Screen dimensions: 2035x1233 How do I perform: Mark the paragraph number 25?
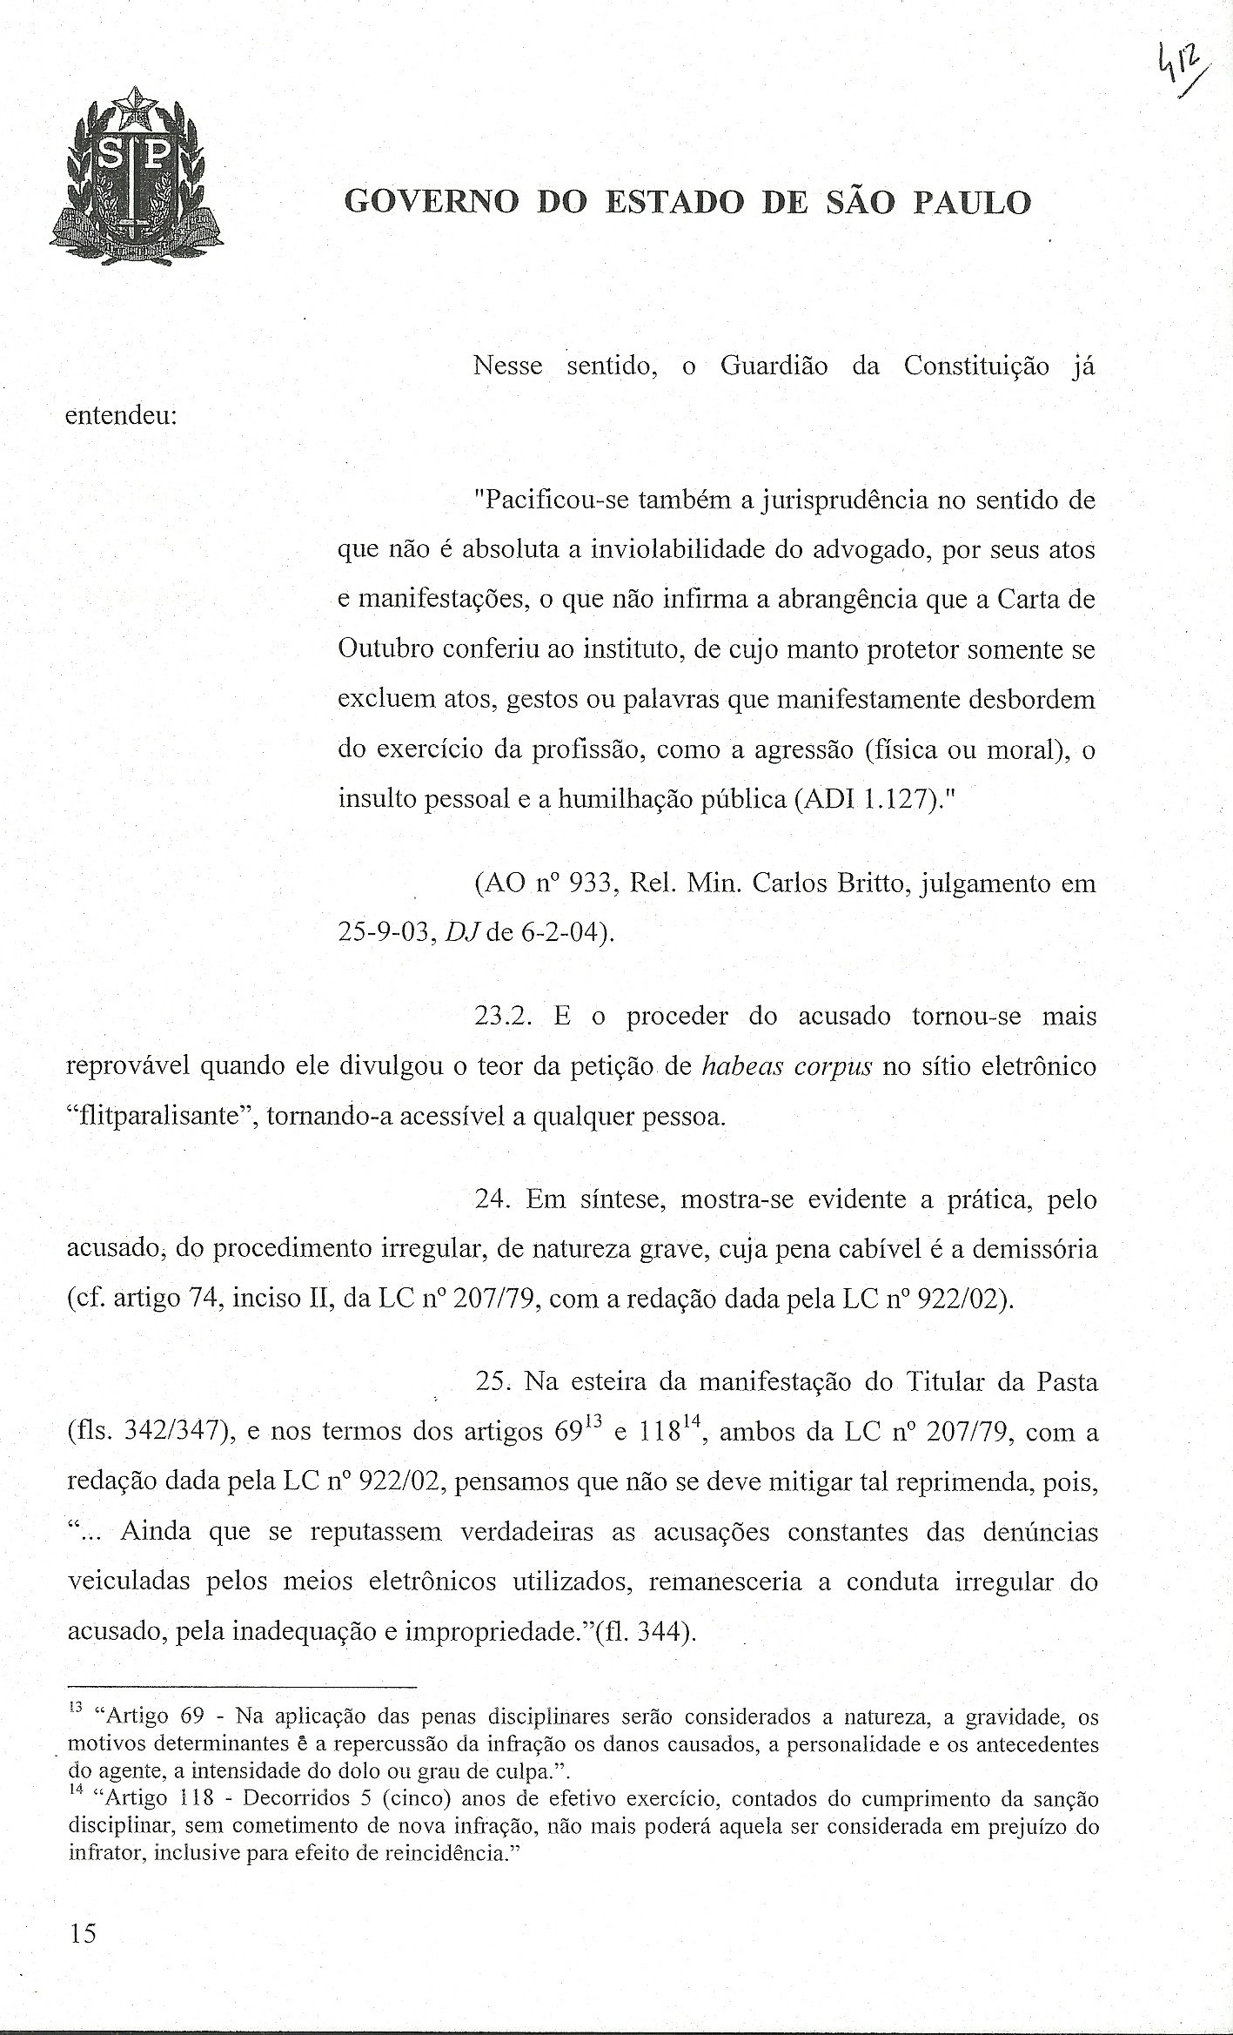pos(492,1381)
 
